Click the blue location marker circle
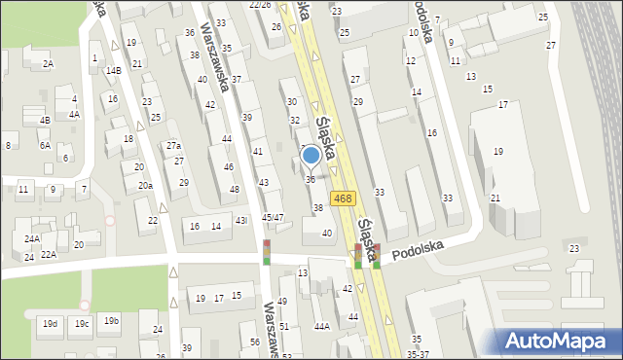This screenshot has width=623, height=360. [311, 155]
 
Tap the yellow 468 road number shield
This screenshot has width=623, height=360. [342, 198]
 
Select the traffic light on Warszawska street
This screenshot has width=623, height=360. [267, 252]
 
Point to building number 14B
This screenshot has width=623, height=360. [113, 70]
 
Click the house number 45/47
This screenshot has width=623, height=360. [273, 217]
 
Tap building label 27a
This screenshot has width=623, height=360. [173, 146]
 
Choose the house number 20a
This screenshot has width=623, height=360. [145, 185]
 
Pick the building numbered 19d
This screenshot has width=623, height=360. [50, 323]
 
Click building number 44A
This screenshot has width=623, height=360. [321, 327]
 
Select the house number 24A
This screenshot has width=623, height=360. [32, 238]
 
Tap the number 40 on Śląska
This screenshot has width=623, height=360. [327, 233]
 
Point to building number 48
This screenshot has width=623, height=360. [234, 189]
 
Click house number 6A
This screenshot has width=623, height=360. [45, 145]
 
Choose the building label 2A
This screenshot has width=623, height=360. [47, 63]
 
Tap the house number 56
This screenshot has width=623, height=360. [254, 342]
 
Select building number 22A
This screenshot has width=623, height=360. [49, 255]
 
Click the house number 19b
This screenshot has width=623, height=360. [112, 320]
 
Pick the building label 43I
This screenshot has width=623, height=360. [241, 222]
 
